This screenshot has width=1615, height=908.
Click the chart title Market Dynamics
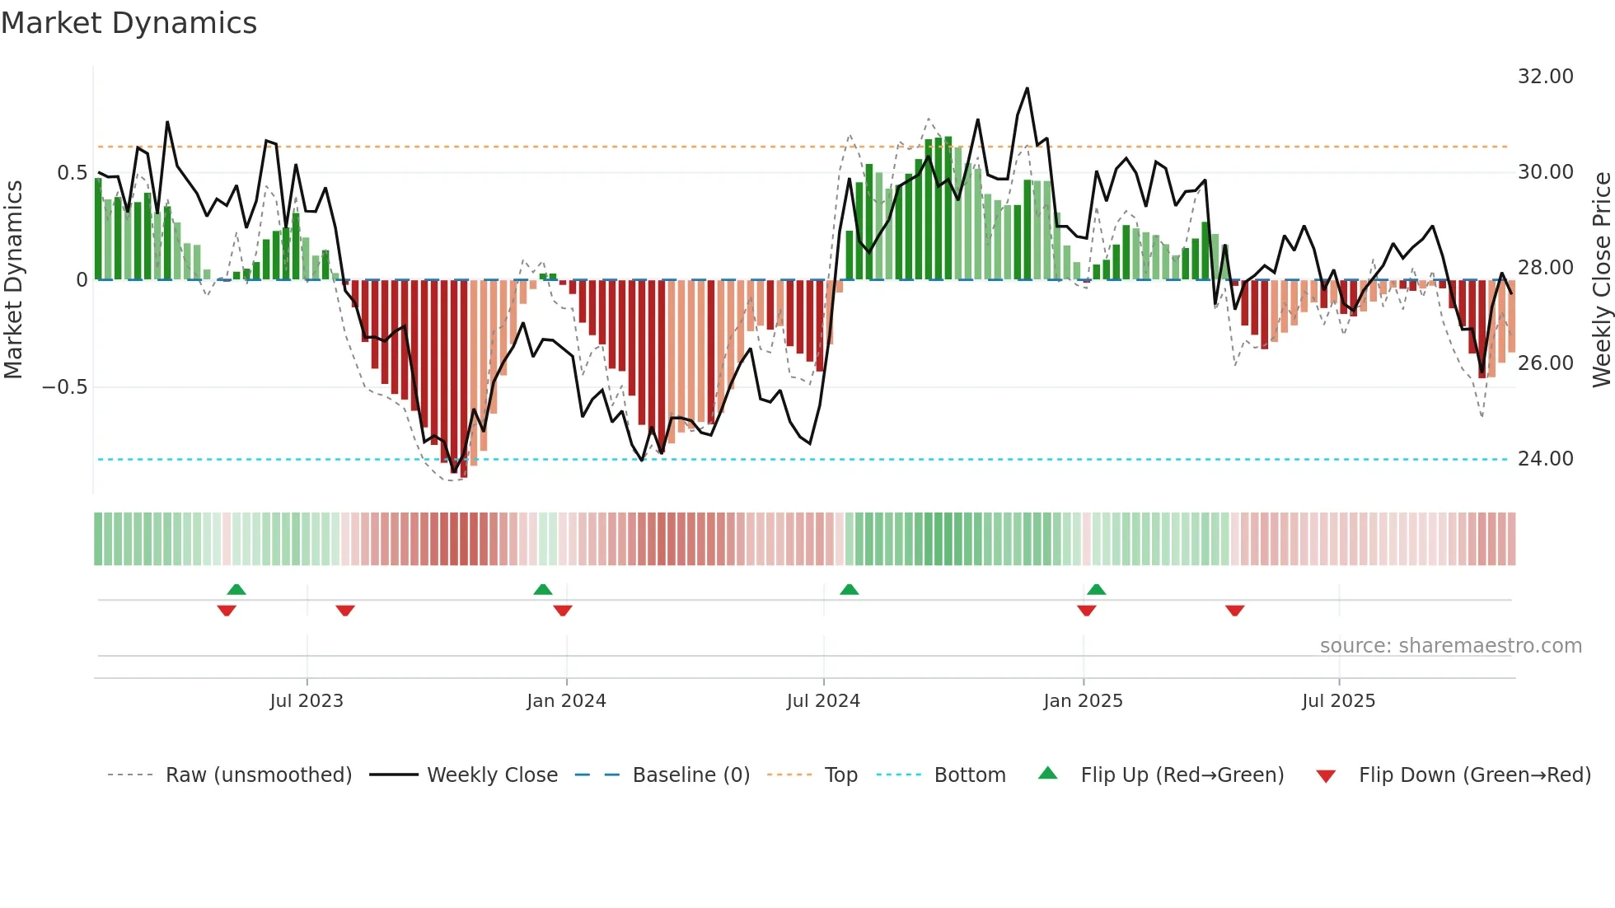129,23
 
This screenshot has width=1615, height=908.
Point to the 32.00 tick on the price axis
1545,77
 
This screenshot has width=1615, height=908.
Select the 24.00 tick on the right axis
1545,459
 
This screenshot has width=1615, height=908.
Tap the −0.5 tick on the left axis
65,387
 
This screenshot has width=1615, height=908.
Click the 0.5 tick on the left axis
72,173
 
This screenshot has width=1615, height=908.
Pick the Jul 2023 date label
307,701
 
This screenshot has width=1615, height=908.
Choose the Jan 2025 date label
1083,701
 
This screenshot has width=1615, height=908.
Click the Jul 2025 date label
1338,701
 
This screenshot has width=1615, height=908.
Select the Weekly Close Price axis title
1601,279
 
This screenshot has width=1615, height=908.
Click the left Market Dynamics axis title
13,279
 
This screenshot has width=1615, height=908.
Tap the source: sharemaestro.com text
1450,646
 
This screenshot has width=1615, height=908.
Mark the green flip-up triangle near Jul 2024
849,589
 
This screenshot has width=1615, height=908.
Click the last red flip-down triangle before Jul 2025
1234,611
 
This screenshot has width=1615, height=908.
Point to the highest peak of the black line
1027,88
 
